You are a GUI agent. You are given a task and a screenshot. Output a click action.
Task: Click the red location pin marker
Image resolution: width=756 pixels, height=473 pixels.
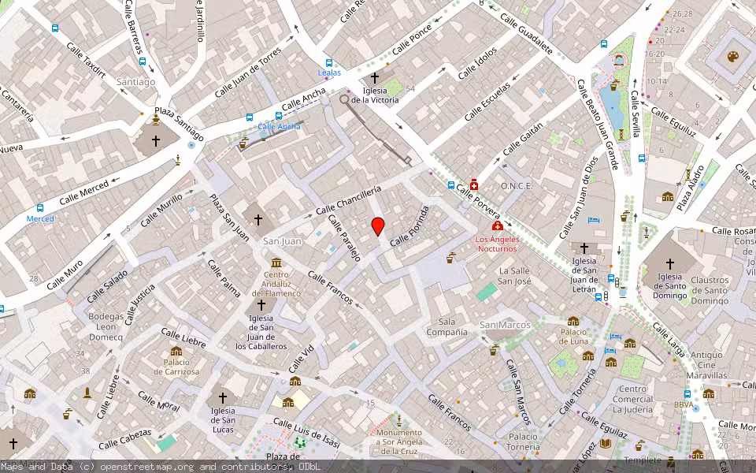378,226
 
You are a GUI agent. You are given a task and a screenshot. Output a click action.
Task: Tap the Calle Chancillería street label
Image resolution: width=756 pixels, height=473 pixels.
348,201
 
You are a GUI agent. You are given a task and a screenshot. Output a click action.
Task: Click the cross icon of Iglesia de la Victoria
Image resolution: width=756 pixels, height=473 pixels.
374,78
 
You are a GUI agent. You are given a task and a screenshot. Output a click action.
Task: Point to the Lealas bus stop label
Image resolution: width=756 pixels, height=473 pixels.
329,73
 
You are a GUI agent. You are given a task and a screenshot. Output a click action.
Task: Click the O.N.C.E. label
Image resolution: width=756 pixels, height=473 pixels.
517,186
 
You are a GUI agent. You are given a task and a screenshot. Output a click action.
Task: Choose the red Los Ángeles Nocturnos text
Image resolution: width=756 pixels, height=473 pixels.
498,244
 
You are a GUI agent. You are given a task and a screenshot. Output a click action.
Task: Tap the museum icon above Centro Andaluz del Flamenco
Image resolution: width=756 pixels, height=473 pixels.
276,263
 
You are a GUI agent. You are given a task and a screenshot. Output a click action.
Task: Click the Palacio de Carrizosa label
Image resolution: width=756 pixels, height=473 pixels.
176,367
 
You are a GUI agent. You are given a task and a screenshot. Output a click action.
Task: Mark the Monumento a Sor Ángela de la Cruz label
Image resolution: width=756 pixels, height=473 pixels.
398,442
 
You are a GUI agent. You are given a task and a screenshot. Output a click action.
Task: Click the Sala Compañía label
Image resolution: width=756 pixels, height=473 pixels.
447,326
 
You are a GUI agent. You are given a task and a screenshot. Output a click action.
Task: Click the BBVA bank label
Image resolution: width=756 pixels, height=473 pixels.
683,405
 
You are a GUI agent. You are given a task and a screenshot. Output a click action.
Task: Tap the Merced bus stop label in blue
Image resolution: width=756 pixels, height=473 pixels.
40,218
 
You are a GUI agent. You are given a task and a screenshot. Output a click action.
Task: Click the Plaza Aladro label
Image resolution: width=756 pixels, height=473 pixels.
689,190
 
